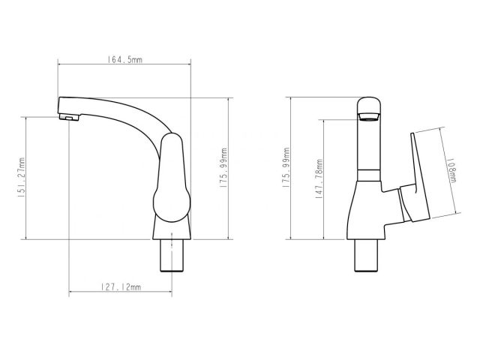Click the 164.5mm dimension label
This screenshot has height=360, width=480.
click(x=124, y=60)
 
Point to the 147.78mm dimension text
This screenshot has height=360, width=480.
click(x=319, y=180)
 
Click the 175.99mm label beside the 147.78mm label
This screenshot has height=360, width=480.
click(x=286, y=172)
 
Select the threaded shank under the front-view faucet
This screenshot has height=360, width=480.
click(x=367, y=256)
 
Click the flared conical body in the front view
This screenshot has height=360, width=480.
click(x=366, y=214)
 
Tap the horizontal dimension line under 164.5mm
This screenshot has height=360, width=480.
click(x=124, y=67)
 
